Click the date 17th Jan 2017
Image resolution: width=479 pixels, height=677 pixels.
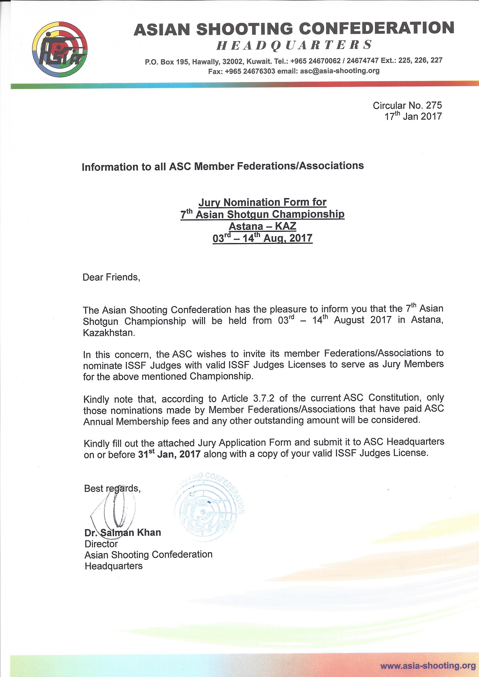click(x=413, y=116)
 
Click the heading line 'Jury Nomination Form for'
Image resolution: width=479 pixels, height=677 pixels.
click(x=262, y=202)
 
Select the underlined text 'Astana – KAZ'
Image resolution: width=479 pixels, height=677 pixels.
click(x=262, y=226)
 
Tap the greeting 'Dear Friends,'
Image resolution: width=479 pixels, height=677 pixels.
click(x=111, y=277)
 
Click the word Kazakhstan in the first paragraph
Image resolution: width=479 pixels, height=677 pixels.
click(x=109, y=333)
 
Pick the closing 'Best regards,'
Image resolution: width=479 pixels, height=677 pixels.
click(x=112, y=488)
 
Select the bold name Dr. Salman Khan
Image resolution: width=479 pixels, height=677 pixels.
click(x=123, y=532)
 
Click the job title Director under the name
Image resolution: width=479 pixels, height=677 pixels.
click(x=101, y=543)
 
